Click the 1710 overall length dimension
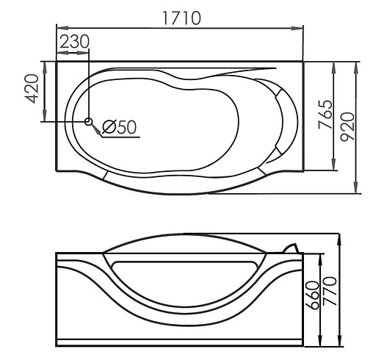[x=181, y=18]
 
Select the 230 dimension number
[x=73, y=42]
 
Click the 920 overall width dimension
[x=347, y=126]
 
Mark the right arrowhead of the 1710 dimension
[x=300, y=29]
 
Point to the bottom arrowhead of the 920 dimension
[x=357, y=190]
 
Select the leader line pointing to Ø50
[x=97, y=129]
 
